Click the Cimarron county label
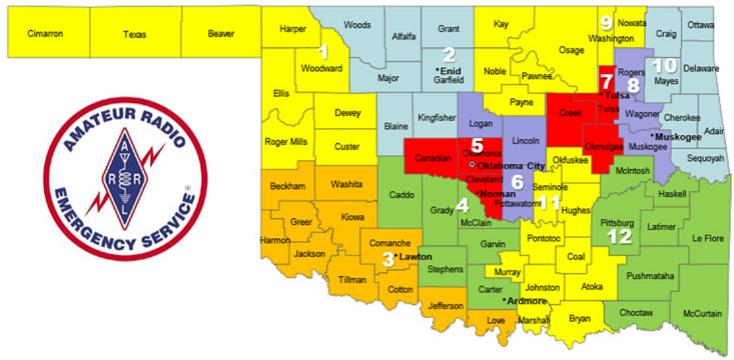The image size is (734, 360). tap(45, 34)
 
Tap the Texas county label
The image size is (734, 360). tap(135, 34)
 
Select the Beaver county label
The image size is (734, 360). tap(221, 34)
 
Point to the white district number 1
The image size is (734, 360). tap(324, 51)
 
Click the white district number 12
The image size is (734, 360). tap(619, 236)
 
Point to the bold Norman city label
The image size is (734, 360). tap(497, 194)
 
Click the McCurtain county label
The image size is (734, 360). tap(702, 314)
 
